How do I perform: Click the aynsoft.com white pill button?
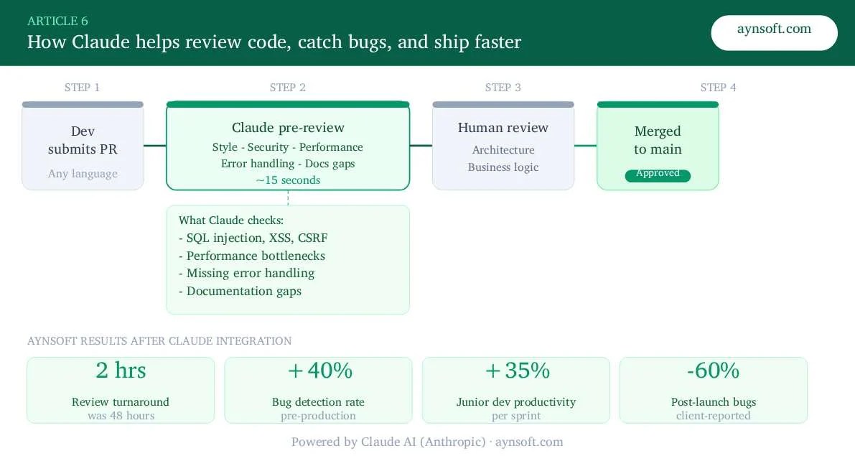click(x=774, y=32)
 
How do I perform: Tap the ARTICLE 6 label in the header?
click(x=57, y=21)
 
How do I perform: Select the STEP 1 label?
click(x=82, y=88)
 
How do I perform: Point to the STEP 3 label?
click(x=503, y=88)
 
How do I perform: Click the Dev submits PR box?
click(x=83, y=147)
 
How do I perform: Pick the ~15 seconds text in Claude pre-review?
click(x=288, y=180)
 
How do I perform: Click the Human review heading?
click(x=503, y=128)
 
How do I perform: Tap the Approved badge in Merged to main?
click(x=658, y=175)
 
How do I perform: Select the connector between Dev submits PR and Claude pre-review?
click(x=155, y=146)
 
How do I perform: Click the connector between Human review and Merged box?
click(x=586, y=146)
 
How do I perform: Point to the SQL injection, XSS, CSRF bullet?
click(x=253, y=238)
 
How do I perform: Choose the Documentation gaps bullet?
click(x=240, y=291)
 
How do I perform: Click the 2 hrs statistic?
click(x=121, y=371)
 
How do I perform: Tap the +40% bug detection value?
click(x=319, y=371)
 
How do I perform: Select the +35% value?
click(x=517, y=371)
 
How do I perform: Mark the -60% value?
click(x=713, y=371)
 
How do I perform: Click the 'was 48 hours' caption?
click(x=121, y=416)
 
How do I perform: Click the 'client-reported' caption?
click(x=713, y=416)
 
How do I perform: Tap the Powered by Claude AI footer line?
click(x=427, y=442)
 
